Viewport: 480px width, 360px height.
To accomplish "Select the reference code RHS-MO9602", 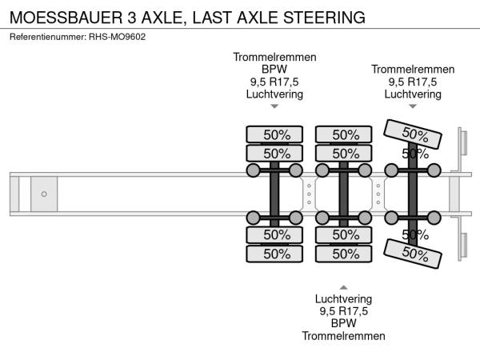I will click(117, 36).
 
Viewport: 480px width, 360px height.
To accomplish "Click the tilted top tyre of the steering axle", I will click(414, 134).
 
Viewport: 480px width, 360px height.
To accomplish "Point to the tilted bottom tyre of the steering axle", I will click(414, 253).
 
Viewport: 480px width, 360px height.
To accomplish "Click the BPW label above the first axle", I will click(274, 70).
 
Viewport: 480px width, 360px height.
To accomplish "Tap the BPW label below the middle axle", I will click(343, 324).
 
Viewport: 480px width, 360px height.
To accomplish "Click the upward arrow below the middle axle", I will click(343, 286).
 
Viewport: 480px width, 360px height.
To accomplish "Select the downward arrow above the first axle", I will click(274, 106).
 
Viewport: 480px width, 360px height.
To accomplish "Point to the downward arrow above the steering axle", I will click(413, 106).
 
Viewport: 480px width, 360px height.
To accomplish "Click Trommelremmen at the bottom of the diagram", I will click(343, 336).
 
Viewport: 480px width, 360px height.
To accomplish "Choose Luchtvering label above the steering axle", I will click(413, 94).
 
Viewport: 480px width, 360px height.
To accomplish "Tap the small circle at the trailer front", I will click(44, 194).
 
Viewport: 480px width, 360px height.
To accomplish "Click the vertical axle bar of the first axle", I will click(274, 194).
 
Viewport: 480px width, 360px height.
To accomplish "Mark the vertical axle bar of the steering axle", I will click(413, 194).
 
